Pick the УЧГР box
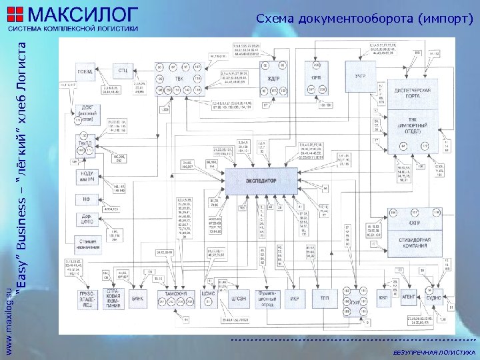(361, 77)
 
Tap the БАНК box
(138, 297)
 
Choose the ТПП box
(325, 297)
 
